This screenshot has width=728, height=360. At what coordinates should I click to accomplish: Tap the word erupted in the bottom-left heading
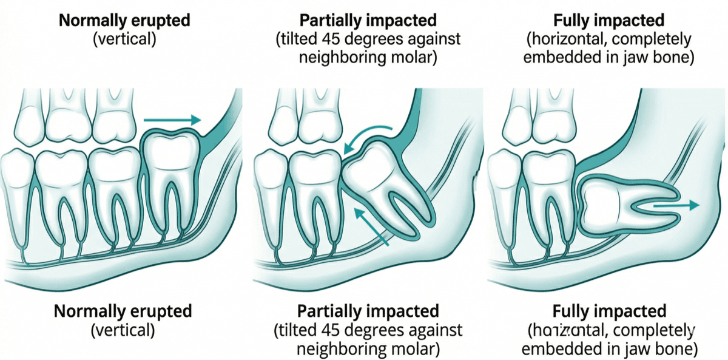158,311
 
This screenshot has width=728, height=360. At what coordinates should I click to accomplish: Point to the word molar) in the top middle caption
414,61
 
